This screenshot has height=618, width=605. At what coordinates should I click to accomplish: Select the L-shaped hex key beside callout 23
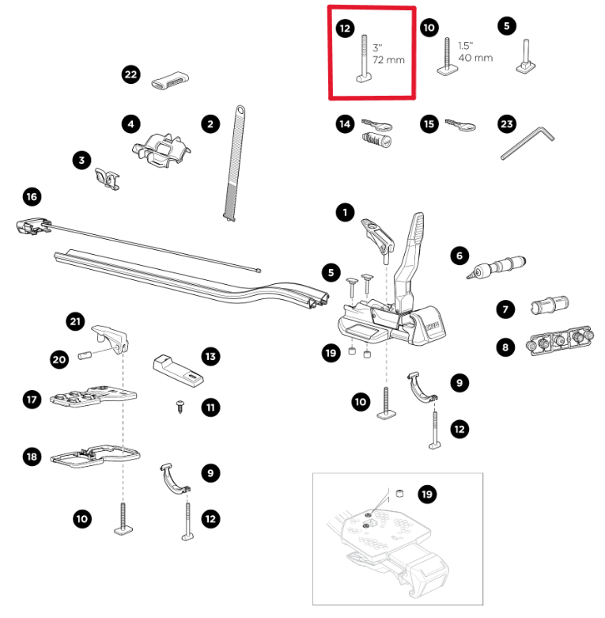tap(528, 143)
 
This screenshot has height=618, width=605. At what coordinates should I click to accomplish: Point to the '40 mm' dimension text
tap(475, 58)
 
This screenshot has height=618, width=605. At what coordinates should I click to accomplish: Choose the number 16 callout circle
tap(32, 196)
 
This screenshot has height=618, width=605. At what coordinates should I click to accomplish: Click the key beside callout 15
tap(459, 123)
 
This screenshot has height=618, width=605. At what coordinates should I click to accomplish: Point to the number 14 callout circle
tap(344, 124)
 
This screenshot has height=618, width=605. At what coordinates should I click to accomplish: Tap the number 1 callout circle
tap(344, 212)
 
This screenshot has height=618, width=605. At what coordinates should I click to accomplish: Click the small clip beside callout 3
tap(107, 177)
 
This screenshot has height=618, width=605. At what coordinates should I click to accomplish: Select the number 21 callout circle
tap(75, 321)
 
